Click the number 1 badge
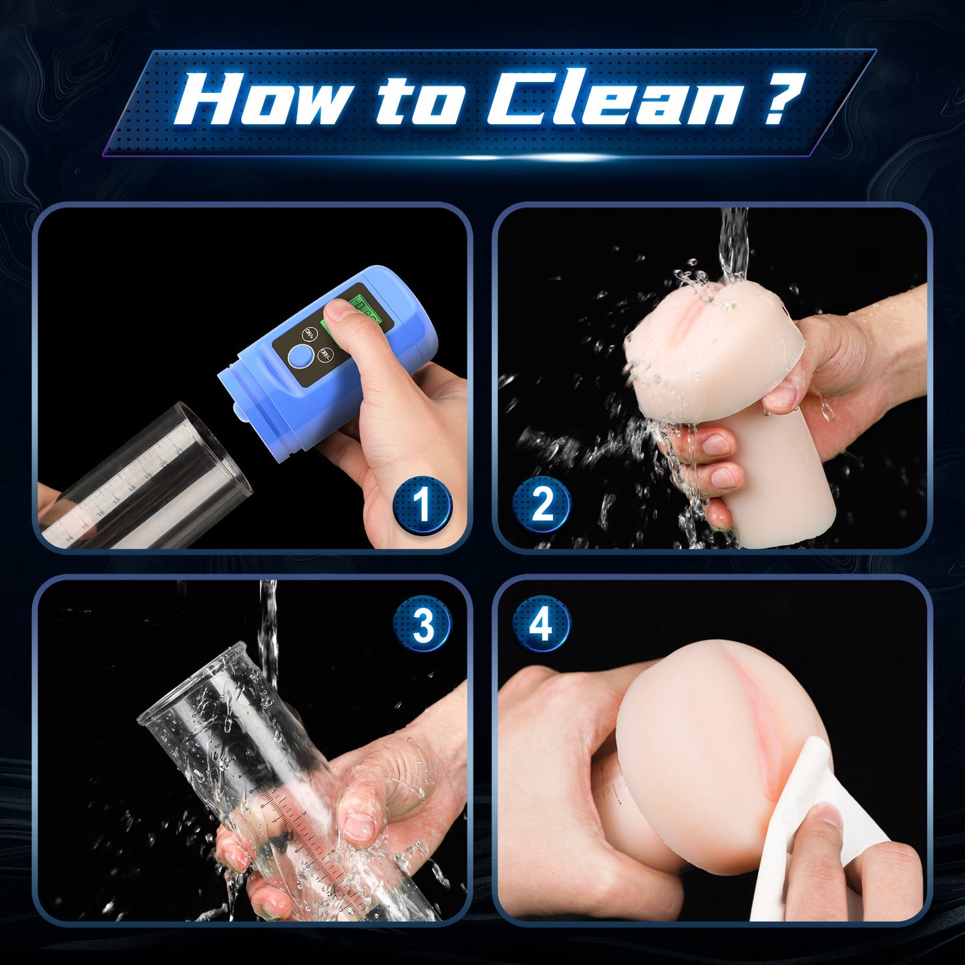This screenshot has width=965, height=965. (422, 505)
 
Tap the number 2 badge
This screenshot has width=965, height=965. (542, 505)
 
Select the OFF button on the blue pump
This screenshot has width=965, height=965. (326, 354)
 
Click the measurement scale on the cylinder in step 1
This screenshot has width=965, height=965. (127, 488)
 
